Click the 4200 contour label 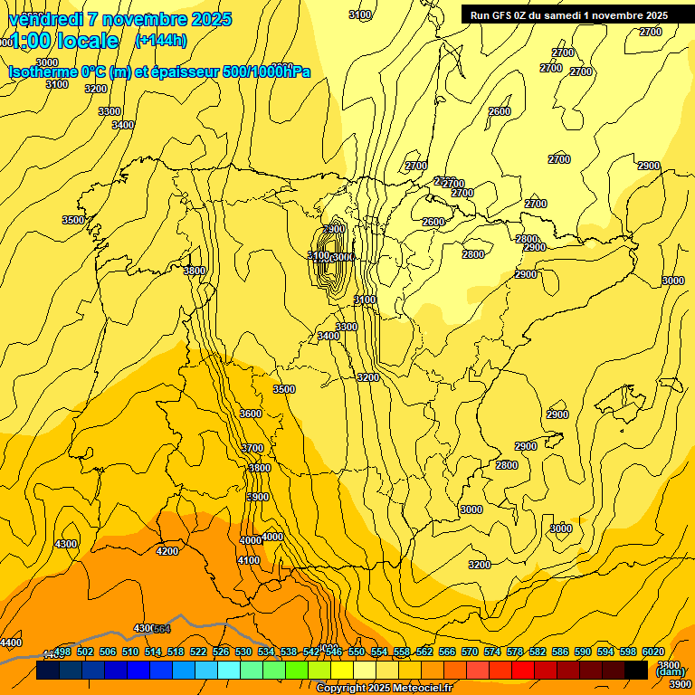[x=167, y=551]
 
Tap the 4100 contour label [x=248, y=560]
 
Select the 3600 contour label [x=251, y=414]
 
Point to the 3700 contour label [x=252, y=448]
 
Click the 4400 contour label [x=11, y=643]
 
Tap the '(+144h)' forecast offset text [x=160, y=40]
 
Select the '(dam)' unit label [x=671, y=671]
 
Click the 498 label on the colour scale [x=62, y=652]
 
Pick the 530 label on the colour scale [x=243, y=652]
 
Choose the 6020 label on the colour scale [x=653, y=652]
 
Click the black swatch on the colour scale [x=636, y=671]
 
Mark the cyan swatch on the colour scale [x=229, y=671]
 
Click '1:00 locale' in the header [x=63, y=41]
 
